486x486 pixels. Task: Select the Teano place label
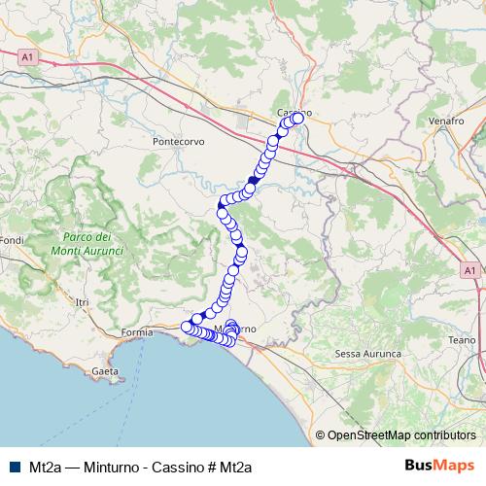[x=463, y=340]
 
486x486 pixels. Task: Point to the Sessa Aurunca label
[x=367, y=354]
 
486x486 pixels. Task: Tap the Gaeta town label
[x=104, y=371]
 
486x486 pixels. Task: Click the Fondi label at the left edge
[x=11, y=240]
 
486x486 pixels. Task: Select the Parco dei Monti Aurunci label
[x=92, y=244]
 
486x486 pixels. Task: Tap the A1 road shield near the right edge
[x=469, y=269]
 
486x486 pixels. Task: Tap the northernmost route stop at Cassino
[x=297, y=118]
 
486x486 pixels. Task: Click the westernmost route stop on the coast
[x=187, y=327]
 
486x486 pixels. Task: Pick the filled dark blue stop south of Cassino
[x=254, y=180]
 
